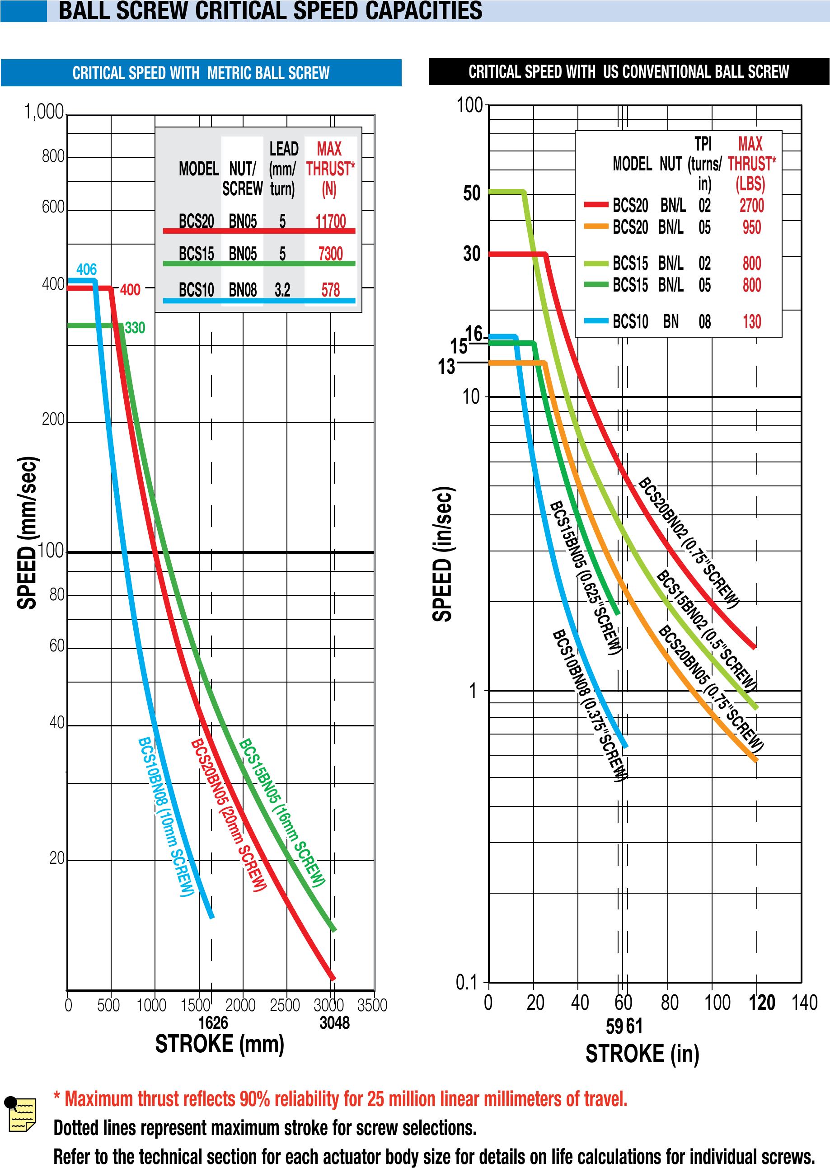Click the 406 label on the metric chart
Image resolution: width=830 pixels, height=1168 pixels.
tap(86, 269)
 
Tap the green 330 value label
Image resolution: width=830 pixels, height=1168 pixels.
tap(135, 328)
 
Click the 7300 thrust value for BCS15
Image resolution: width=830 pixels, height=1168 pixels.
tap(330, 254)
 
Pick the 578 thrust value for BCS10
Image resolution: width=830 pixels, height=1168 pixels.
tap(330, 290)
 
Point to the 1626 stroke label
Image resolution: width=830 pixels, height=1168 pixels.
tap(213, 1022)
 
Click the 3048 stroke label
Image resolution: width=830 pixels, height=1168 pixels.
tap(334, 1022)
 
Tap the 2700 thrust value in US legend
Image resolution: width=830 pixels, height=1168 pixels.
tap(751, 206)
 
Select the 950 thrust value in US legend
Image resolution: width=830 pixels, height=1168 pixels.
tap(751, 227)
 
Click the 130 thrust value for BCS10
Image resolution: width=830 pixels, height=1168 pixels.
tap(751, 321)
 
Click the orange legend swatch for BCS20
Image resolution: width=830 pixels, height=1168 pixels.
tap(596, 226)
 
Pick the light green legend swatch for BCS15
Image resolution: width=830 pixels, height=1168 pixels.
tap(596, 263)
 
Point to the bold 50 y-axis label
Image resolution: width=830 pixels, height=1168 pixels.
tap(472, 193)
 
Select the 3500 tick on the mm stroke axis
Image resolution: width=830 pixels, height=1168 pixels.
tap(372, 1005)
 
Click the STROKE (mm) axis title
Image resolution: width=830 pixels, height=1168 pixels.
tap(219, 1044)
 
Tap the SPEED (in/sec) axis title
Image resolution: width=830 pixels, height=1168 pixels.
tap(443, 554)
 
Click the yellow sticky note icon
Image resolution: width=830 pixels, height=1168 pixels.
tap(22, 1114)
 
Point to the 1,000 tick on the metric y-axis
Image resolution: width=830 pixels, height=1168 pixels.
tap(44, 112)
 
